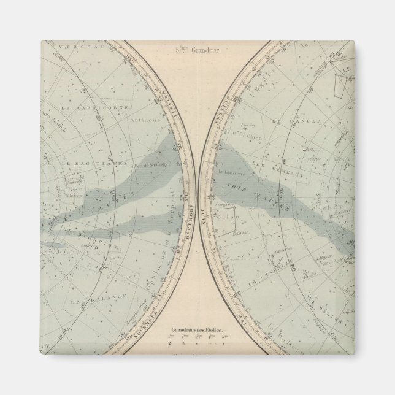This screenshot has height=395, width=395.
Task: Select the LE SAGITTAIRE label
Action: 86,164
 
